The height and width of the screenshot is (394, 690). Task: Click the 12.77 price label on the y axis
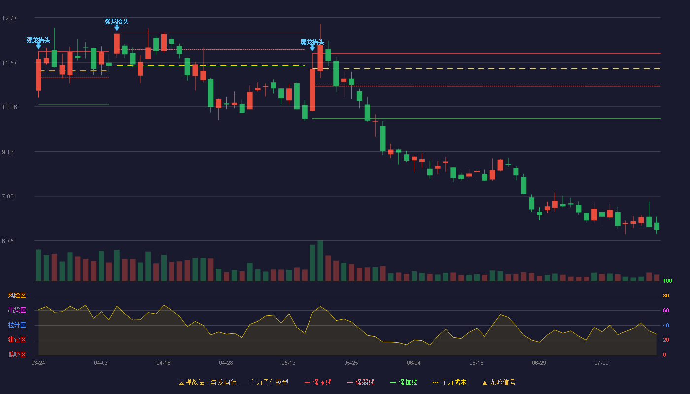pos(9,18)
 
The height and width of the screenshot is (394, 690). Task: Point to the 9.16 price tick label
pos(8,152)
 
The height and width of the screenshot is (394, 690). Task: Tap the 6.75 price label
pos(8,241)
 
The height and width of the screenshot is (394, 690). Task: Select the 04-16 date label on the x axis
pos(163,363)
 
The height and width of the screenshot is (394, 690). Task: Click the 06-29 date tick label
pos(539,363)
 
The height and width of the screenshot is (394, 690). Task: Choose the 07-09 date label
pos(601,363)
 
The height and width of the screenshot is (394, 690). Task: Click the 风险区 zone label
pos(17,295)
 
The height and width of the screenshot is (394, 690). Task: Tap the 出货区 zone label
pos(17,310)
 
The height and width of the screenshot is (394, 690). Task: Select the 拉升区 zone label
pos(17,325)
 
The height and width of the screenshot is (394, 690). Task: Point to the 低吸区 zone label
pos(17,354)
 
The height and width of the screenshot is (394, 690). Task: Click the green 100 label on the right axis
pos(667,281)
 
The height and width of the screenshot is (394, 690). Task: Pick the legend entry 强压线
pos(318,383)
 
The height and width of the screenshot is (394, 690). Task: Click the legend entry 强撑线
pos(404,383)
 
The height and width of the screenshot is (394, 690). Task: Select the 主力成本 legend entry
pos(449,383)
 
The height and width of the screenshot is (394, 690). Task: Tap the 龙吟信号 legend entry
pos(499,383)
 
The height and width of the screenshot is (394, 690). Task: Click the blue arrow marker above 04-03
pos(117,28)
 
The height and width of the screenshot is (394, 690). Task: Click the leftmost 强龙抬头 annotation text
pos(38,40)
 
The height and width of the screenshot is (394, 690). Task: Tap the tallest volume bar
pos(320,261)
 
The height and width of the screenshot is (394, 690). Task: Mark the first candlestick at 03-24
pos(38,75)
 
